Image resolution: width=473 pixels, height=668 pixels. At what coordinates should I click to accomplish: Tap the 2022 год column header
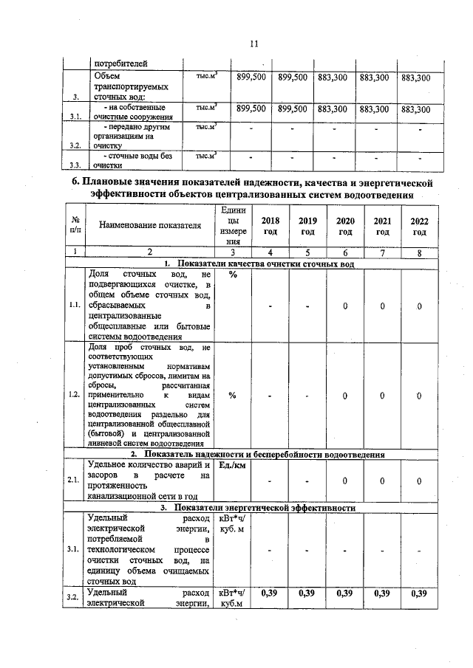point(419,226)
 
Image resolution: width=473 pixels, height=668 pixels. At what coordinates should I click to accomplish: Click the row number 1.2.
point(74,395)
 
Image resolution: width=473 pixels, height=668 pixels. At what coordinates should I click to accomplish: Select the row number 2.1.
point(74,481)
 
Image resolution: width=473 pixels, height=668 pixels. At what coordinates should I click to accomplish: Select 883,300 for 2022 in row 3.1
point(415,109)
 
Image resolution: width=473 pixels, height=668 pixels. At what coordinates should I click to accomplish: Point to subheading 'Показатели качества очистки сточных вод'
point(260,264)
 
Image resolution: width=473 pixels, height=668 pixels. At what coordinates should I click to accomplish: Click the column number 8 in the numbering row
point(419,252)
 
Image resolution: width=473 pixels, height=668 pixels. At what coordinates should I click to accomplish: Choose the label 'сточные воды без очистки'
point(133,159)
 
